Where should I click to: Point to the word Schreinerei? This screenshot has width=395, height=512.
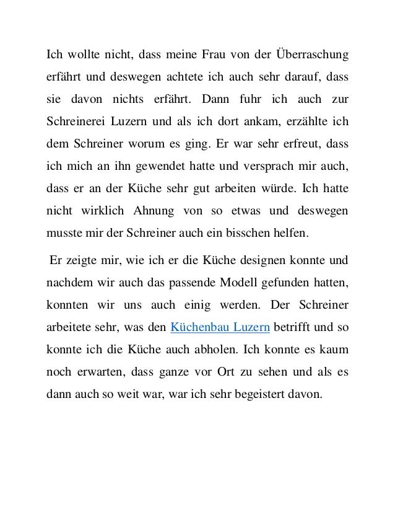click(x=77, y=118)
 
